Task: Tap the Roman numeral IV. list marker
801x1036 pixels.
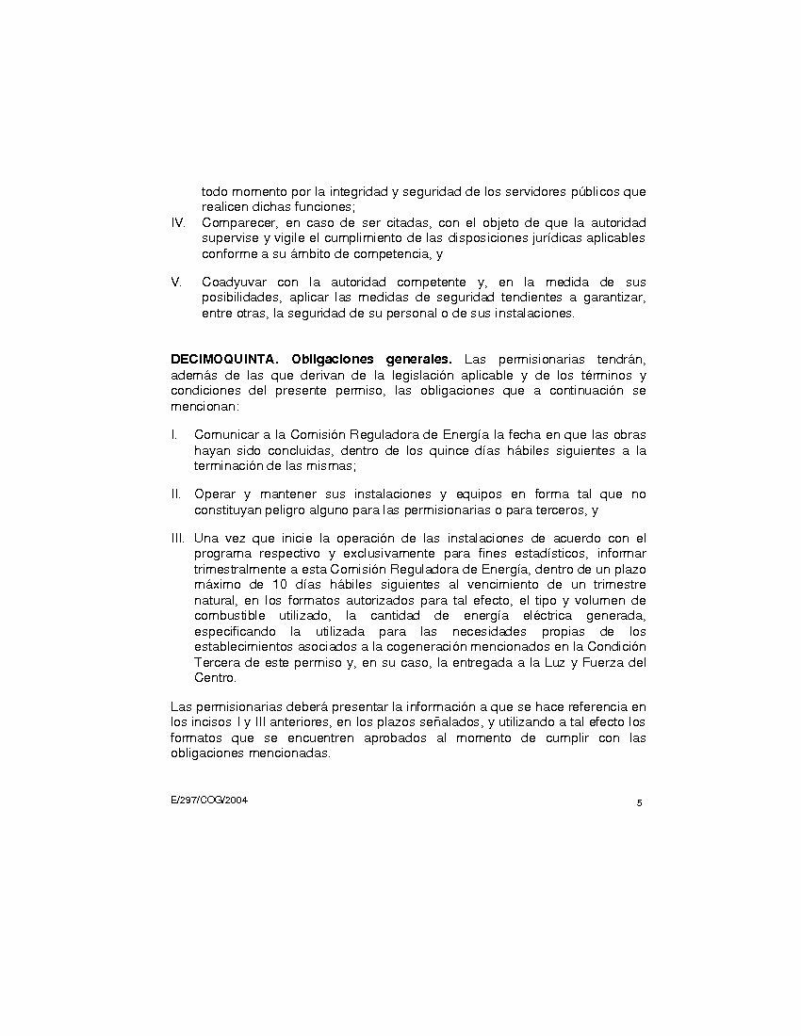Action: [x=177, y=222]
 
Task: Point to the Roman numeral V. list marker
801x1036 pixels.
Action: [x=175, y=282]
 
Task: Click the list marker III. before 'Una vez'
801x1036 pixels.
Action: [x=178, y=538]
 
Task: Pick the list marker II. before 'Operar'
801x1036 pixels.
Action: [x=176, y=494]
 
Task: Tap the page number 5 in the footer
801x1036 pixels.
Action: [x=639, y=802]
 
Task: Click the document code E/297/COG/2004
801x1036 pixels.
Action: [x=209, y=800]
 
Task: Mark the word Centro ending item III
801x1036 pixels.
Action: [x=214, y=677]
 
